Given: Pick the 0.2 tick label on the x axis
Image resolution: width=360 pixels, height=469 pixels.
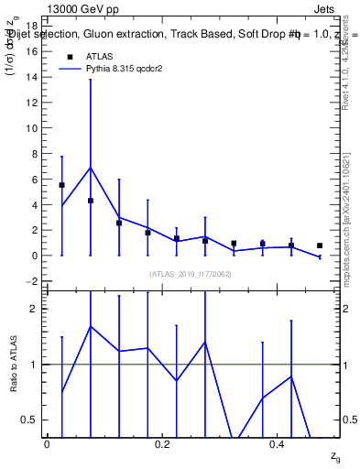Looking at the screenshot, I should (x=163, y=443).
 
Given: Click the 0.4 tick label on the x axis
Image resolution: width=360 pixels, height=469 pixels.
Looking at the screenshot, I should (x=278, y=443).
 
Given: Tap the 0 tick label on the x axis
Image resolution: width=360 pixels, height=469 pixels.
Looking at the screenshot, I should (x=47, y=443).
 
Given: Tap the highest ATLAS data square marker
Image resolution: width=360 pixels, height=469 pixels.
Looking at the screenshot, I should (x=61, y=185).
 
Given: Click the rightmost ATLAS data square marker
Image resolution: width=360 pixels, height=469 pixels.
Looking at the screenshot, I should (x=320, y=245).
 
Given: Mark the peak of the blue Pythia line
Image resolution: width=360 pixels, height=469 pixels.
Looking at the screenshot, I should (x=90, y=168).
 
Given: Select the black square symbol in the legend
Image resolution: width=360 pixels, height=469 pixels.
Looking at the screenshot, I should (x=70, y=56).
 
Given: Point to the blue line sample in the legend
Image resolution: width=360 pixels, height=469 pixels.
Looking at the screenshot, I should (x=70, y=69).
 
